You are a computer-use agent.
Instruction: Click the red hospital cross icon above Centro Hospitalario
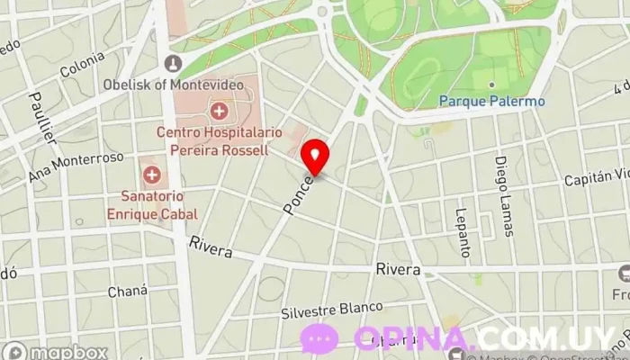click(218, 112)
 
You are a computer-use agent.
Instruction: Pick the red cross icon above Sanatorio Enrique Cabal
click(151, 173)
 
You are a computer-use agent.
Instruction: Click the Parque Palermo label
click(491, 102)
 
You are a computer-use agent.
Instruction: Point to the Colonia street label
click(82, 65)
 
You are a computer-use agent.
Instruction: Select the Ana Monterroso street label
click(76, 166)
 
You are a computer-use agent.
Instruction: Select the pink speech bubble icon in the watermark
click(319, 338)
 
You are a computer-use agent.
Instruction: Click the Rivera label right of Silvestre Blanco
click(398, 269)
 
